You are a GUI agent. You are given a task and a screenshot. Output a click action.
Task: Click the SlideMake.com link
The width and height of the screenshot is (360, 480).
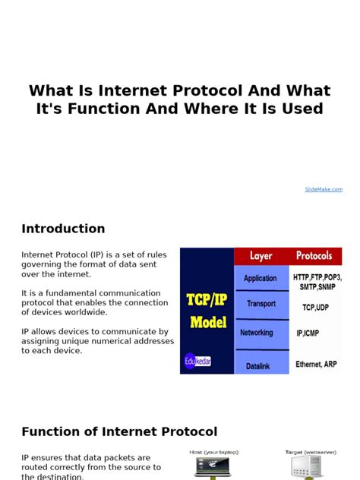click(x=324, y=189)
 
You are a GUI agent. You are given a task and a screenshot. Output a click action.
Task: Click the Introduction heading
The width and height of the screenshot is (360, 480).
click(x=63, y=229)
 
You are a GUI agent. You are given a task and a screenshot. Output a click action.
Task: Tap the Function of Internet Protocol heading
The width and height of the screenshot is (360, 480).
click(x=119, y=432)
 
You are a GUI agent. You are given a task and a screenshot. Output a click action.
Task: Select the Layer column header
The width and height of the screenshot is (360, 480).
click(x=261, y=256)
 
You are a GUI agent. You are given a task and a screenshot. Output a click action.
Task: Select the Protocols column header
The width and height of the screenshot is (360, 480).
click(x=314, y=256)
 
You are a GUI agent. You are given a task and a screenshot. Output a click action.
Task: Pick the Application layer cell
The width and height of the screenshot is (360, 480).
click(x=261, y=278)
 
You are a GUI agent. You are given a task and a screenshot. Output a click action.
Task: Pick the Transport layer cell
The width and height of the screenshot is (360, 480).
click(x=261, y=303)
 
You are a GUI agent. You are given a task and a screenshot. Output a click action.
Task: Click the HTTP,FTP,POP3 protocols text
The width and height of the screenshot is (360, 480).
click(x=317, y=277)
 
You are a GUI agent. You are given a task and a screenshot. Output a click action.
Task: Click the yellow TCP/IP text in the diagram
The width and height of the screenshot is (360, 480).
click(x=207, y=299)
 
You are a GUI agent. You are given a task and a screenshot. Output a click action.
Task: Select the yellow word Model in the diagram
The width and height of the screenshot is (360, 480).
click(x=207, y=321)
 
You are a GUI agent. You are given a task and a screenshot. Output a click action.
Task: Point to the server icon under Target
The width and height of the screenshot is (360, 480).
click(x=311, y=468)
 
